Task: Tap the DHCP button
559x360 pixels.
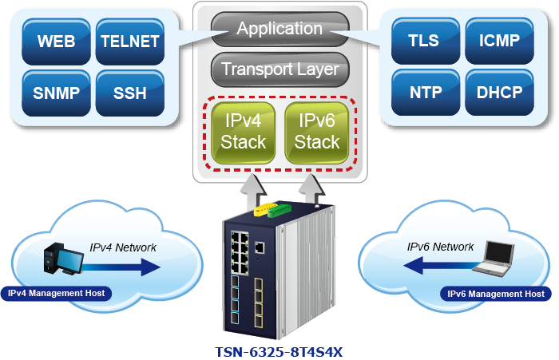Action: pos(500,92)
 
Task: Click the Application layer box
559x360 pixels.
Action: pos(279,29)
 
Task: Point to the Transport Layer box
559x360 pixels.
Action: pos(279,69)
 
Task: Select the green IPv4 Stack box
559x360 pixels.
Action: pos(244,133)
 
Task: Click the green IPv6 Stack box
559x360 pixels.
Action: pos(318,133)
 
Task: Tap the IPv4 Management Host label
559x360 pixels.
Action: pos(56,293)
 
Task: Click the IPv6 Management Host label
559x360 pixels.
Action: pos(496,294)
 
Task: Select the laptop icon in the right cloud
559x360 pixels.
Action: pos(498,260)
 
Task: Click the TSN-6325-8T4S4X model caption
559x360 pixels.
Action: pos(279,351)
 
